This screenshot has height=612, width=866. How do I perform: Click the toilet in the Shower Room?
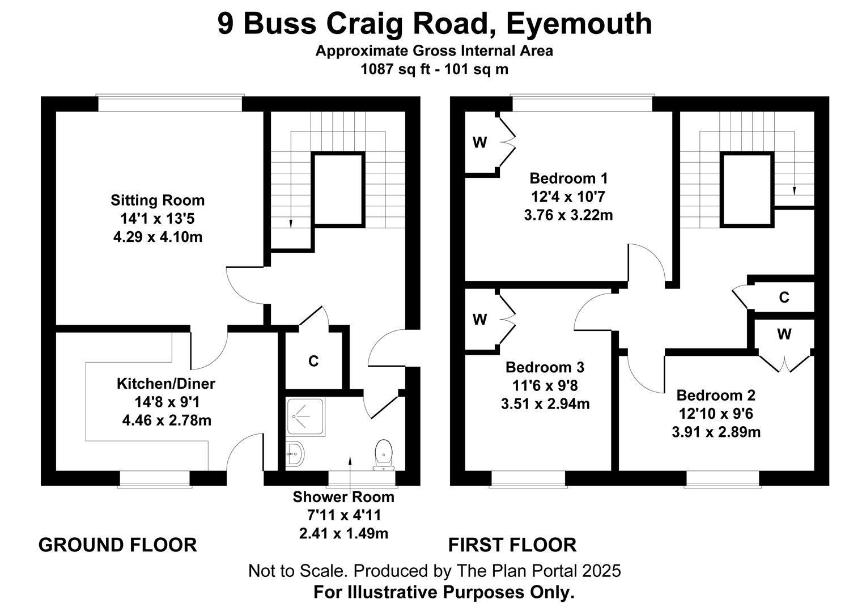click(384, 454)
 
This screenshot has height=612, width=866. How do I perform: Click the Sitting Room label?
click(158, 200)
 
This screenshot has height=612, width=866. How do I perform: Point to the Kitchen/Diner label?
click(166, 384)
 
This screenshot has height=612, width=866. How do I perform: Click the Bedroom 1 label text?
click(568, 178)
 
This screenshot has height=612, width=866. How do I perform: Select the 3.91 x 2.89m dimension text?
click(716, 432)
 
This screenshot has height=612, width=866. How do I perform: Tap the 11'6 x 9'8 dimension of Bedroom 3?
click(545, 386)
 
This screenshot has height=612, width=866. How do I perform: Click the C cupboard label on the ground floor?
click(313, 361)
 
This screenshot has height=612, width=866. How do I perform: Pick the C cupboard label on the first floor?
click(784, 297)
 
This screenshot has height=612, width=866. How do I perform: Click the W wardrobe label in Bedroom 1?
click(479, 143)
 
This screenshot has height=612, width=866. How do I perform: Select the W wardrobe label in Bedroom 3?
click(479, 320)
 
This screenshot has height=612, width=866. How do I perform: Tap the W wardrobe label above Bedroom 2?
click(784, 335)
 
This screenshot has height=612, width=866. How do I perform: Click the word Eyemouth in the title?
click(579, 24)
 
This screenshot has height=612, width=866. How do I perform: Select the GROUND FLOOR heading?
click(117, 545)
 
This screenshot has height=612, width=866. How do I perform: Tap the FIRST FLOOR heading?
click(512, 545)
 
